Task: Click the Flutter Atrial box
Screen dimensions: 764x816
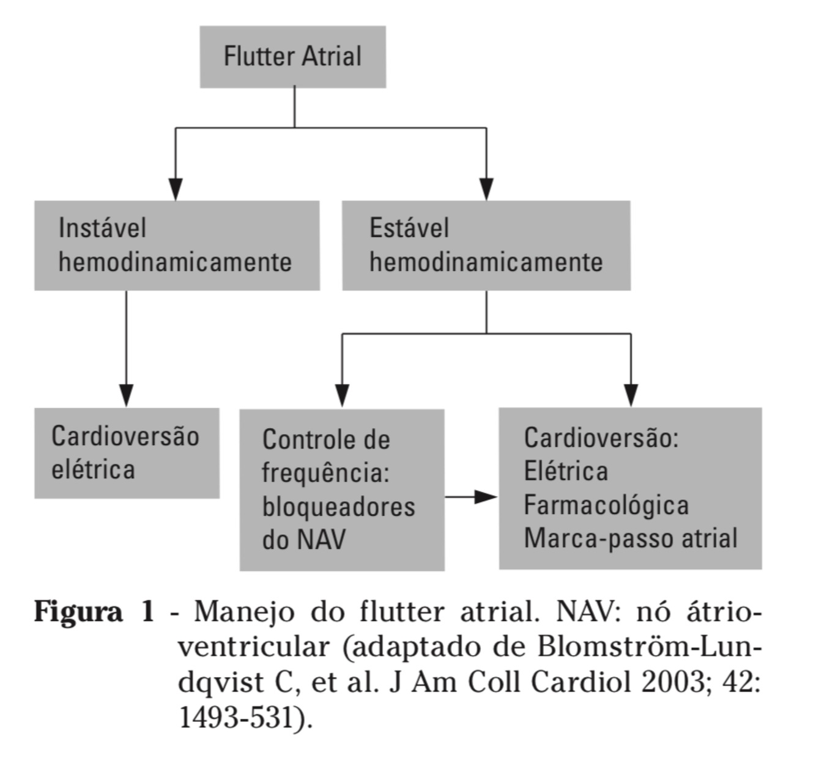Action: point(292,56)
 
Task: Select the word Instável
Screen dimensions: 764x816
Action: point(102,228)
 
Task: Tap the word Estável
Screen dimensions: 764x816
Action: point(409,228)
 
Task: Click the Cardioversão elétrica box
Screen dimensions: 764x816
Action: point(127,453)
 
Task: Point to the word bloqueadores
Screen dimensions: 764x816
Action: point(338,507)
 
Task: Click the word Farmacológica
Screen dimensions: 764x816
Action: point(606,505)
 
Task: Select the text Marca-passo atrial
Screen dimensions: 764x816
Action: point(630,538)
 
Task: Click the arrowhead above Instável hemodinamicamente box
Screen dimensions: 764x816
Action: point(176,189)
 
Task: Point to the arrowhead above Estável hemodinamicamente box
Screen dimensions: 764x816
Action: point(486,189)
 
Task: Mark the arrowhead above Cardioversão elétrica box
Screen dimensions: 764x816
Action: point(127,395)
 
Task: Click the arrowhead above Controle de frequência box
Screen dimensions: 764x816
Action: point(343,395)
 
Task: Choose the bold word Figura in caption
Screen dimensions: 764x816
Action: point(78,611)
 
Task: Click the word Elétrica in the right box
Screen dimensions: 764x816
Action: point(566,471)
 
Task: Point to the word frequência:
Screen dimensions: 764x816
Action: point(325,473)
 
